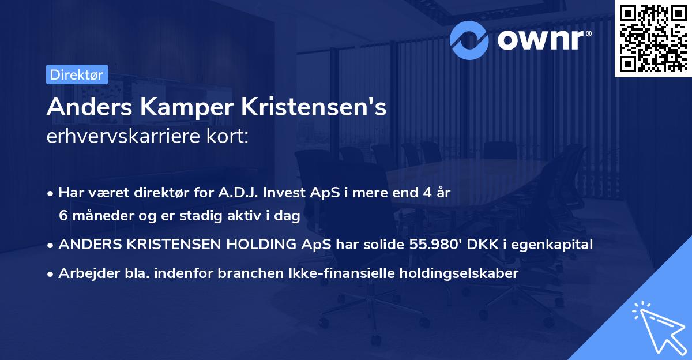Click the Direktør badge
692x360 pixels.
[76, 74]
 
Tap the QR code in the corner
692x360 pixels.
[652, 39]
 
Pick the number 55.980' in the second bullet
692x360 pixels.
[431, 245]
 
